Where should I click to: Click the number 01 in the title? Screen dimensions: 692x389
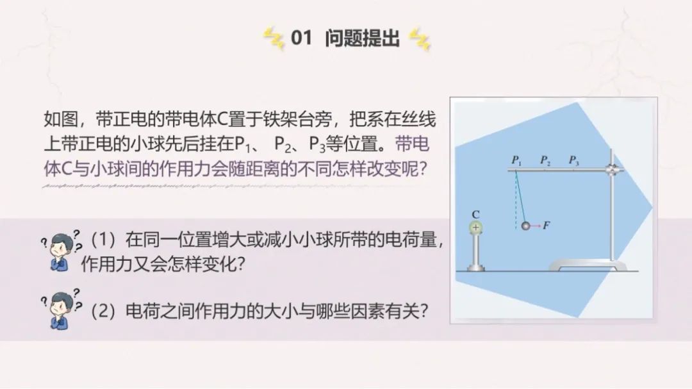pos(301,38)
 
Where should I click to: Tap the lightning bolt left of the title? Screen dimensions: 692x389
pos(274,38)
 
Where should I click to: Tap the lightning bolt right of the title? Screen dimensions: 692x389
pos(420,39)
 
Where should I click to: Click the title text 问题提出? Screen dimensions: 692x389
pos(362,38)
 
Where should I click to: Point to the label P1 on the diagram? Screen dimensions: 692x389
pos(516,161)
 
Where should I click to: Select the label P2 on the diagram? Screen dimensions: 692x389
pos(545,160)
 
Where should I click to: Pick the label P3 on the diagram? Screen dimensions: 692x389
pos(573,160)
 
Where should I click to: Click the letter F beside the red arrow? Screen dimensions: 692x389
pos(547,225)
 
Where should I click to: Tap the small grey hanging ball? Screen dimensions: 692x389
pos(525,226)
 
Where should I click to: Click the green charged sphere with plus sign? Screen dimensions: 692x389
pos(475,228)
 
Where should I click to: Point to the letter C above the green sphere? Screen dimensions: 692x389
pos(475,215)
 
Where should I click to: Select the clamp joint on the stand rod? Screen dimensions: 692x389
pos(612,170)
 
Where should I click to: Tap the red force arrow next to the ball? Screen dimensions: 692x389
pos(535,226)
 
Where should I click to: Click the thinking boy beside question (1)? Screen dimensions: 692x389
pos(61,251)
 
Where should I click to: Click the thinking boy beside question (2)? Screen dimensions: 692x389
pos(61,309)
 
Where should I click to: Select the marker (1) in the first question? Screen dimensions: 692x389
pos(103,240)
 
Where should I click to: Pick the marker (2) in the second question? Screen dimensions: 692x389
pos(103,311)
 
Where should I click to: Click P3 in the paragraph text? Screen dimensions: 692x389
pos(317,144)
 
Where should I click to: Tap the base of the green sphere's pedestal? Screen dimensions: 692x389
pos(475,268)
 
